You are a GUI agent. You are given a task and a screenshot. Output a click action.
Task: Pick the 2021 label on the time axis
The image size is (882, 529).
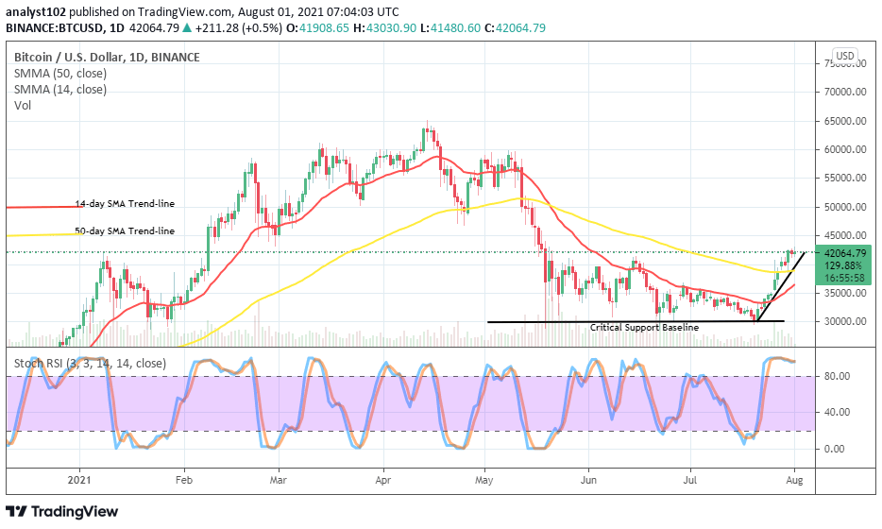click(x=80, y=479)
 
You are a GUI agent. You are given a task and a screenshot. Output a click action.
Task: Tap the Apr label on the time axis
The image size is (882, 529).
click(x=383, y=479)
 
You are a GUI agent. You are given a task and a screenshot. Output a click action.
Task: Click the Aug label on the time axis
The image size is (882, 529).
click(x=795, y=479)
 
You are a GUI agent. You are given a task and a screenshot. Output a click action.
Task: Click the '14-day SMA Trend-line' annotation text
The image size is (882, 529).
click(x=125, y=204)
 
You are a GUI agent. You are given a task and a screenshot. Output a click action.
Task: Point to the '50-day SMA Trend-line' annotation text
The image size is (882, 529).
click(x=125, y=231)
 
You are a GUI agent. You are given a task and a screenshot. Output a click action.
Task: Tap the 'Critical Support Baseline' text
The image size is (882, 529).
click(x=644, y=327)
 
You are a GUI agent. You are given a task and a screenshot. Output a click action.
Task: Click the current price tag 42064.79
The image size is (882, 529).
click(x=843, y=253)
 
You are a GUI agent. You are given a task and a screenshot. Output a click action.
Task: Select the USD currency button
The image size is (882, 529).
click(x=844, y=57)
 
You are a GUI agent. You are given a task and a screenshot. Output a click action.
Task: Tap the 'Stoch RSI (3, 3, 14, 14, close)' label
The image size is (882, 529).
click(x=90, y=363)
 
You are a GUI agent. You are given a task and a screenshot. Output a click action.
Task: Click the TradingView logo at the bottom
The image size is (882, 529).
click(x=63, y=511)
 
